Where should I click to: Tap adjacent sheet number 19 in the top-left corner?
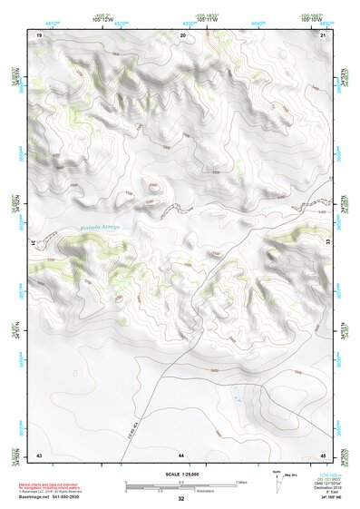click(39, 34)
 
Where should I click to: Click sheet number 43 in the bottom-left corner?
click(39, 453)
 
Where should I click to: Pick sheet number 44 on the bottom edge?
click(181, 453)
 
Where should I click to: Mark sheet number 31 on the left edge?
click(37, 244)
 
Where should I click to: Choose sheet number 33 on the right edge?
click(325, 244)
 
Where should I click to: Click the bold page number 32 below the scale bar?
click(180, 499)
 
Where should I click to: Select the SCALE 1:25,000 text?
click(180, 474)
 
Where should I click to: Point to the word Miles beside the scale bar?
click(242, 481)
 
